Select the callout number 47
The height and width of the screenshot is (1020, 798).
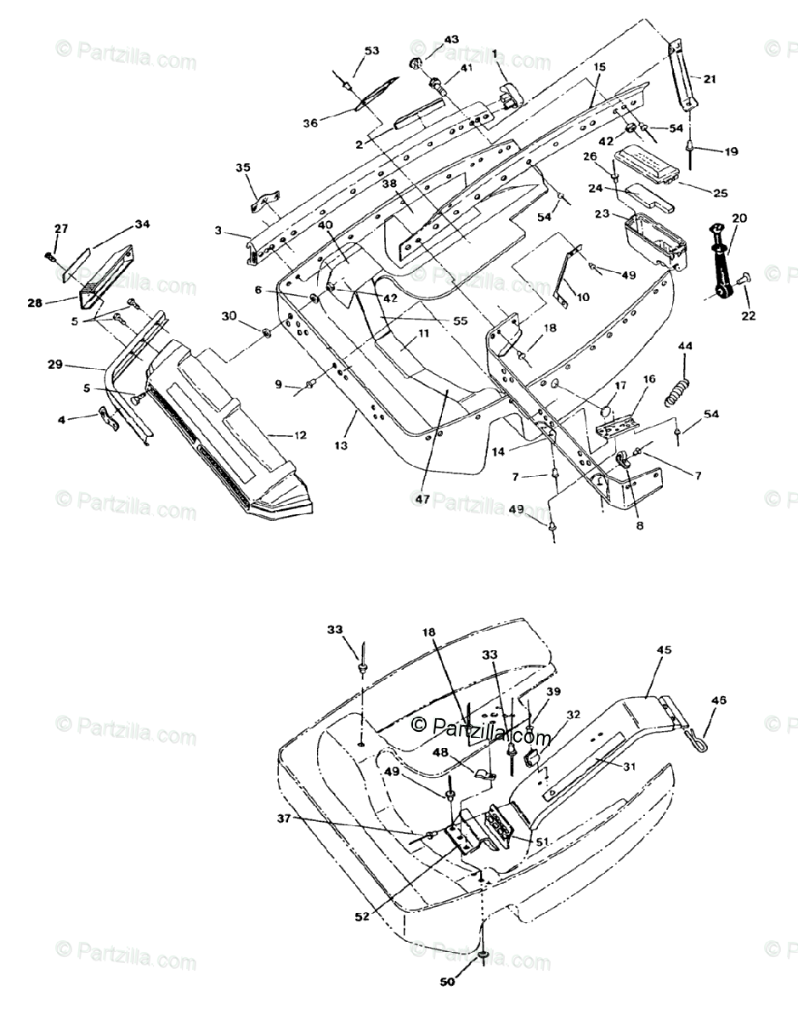(x=423, y=501)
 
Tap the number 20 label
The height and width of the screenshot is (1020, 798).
(x=739, y=218)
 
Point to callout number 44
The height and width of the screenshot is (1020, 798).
(x=685, y=346)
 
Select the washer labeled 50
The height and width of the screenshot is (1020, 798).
(x=482, y=957)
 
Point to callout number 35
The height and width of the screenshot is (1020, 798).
(x=243, y=167)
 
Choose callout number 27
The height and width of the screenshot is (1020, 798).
(x=60, y=228)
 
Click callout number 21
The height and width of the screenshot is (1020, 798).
(x=709, y=79)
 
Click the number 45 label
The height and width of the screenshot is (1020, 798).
(x=664, y=649)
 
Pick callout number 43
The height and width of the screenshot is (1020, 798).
(x=450, y=40)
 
